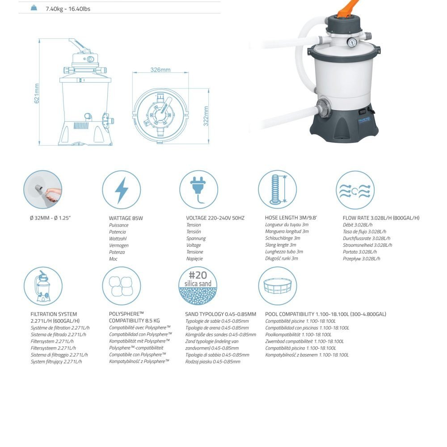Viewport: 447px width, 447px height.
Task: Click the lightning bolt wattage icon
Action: click(122, 190)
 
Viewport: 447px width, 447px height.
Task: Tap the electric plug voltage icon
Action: click(199, 190)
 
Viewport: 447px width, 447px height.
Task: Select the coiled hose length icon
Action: click(278, 190)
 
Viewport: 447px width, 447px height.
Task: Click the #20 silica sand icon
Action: click(198, 286)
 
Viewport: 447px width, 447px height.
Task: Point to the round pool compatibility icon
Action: click(278, 286)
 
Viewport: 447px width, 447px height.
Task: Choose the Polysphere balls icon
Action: click(122, 286)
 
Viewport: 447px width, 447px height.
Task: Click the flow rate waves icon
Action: click(355, 190)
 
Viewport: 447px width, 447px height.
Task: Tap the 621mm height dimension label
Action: click(37, 93)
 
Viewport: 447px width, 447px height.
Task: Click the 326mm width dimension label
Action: click(160, 70)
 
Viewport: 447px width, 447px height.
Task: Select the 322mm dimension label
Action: click(206, 116)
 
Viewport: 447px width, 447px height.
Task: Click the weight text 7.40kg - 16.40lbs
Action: click(68, 9)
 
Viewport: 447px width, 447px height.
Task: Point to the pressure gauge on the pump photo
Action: click(352, 42)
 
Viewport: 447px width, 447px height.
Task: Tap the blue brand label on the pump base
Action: click(364, 121)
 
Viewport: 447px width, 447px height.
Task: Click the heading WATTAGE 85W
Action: click(126, 218)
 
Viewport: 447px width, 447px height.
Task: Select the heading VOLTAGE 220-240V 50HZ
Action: click(215, 218)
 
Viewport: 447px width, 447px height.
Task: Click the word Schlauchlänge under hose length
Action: click(279, 238)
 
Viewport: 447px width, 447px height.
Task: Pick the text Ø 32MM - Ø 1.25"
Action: click(50, 218)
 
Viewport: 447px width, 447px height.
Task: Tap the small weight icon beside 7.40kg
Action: click(34, 8)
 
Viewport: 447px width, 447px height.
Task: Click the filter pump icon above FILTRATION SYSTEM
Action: click(43, 286)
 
